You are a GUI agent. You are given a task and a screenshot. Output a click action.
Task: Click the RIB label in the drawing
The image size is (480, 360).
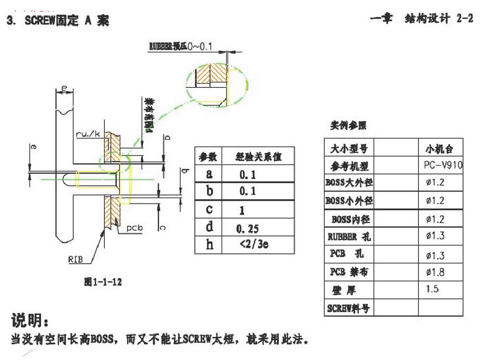click(x=75, y=260)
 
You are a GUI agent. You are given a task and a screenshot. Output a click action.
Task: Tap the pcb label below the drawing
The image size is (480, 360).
click(x=134, y=228)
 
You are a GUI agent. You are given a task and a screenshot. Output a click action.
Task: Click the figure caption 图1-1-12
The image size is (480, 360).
click(x=103, y=281)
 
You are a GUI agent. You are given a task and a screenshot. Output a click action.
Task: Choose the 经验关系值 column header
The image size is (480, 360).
click(x=259, y=157)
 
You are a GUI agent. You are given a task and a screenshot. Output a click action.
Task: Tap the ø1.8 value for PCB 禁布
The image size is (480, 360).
click(x=435, y=272)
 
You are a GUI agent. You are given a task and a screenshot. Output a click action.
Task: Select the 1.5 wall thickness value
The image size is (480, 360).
click(x=432, y=289)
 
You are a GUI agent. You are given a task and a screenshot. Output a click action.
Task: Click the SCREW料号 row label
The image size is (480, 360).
click(x=348, y=308)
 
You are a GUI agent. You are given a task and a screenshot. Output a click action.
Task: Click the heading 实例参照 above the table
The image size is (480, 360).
click(x=348, y=125)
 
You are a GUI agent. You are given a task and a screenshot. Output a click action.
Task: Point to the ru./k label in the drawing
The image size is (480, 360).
click(x=87, y=133)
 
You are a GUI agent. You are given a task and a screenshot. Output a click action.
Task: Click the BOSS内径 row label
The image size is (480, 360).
click(x=351, y=219)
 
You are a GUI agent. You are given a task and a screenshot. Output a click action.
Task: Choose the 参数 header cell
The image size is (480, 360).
click(x=208, y=157)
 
